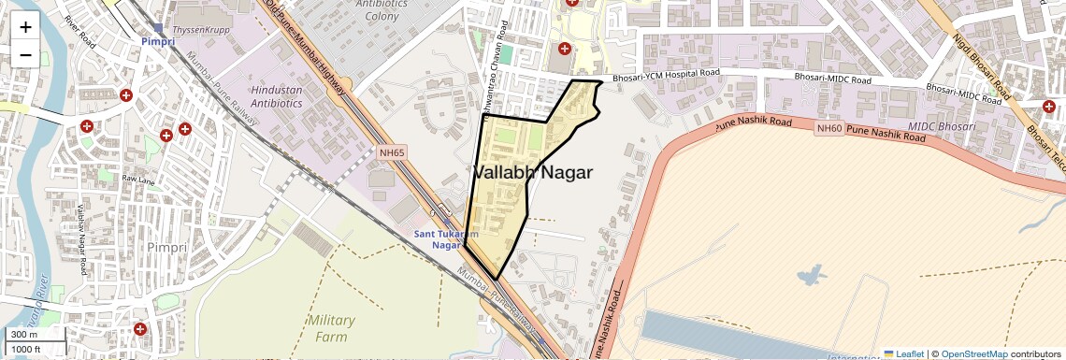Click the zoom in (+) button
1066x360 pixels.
pos(25,26)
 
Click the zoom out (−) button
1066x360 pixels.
pos(25,55)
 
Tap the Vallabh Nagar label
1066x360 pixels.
pos(532,173)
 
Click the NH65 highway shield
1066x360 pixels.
pos(392,151)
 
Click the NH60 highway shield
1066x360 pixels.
pos(828,128)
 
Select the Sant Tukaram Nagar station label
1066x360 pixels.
pos(447,239)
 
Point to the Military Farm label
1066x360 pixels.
pos(331,328)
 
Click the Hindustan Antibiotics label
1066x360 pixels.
pos(277,95)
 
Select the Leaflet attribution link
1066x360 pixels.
pos(903,353)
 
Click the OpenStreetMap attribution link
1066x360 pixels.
pos(973,353)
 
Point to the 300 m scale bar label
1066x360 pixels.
pos(24,335)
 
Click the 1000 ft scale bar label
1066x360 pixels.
pos(27,349)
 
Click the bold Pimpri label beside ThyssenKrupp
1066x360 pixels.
pos(157,42)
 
